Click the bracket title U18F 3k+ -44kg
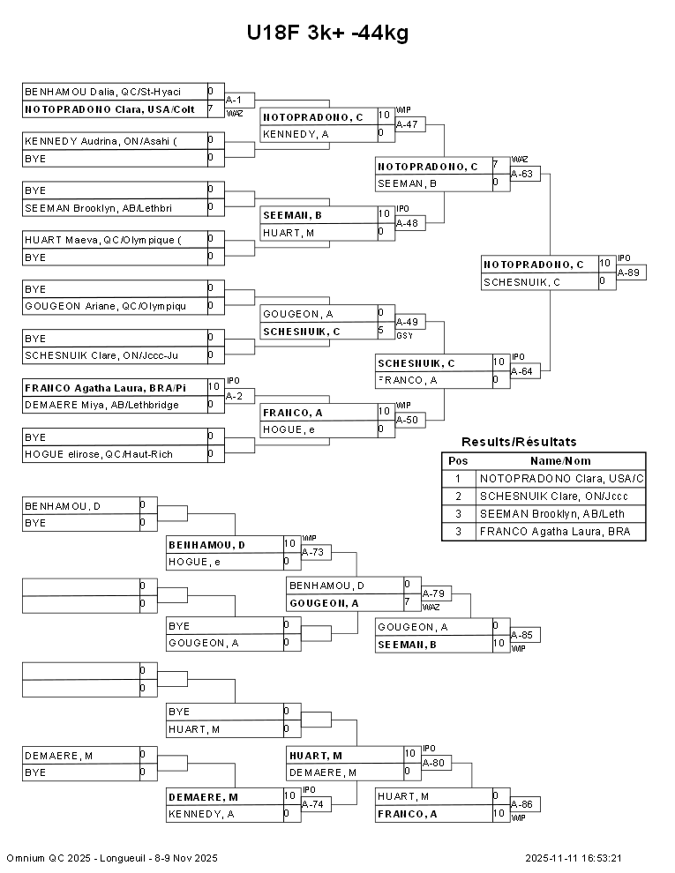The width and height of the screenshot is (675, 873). click(x=327, y=34)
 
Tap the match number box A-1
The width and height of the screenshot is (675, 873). click(x=240, y=100)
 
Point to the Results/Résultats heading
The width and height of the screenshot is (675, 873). click(x=519, y=442)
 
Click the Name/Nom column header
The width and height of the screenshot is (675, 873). click(x=560, y=461)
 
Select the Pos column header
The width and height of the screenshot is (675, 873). click(x=458, y=461)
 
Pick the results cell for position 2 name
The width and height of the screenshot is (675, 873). click(x=560, y=496)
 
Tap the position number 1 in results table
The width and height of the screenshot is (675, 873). click(x=458, y=479)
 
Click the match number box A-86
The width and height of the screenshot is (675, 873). click(x=525, y=805)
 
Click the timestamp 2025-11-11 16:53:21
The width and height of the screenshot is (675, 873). click(x=574, y=858)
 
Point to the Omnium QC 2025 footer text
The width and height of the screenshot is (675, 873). click(x=112, y=858)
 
